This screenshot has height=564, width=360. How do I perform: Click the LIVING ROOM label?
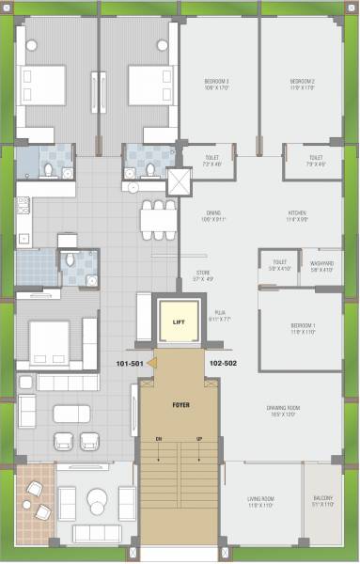point(260,500)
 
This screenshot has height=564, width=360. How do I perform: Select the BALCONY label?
point(322,500)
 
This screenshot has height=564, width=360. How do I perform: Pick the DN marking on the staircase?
point(158,438)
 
